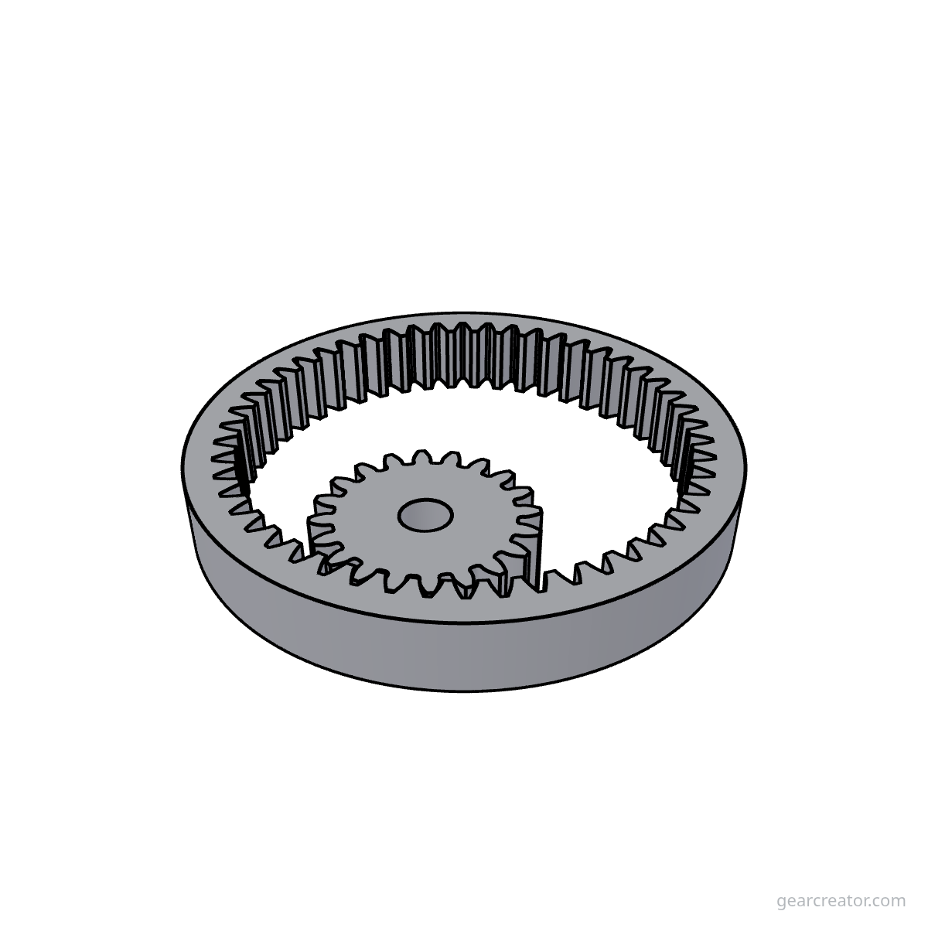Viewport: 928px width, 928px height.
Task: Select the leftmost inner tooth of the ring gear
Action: (x=220, y=479)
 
